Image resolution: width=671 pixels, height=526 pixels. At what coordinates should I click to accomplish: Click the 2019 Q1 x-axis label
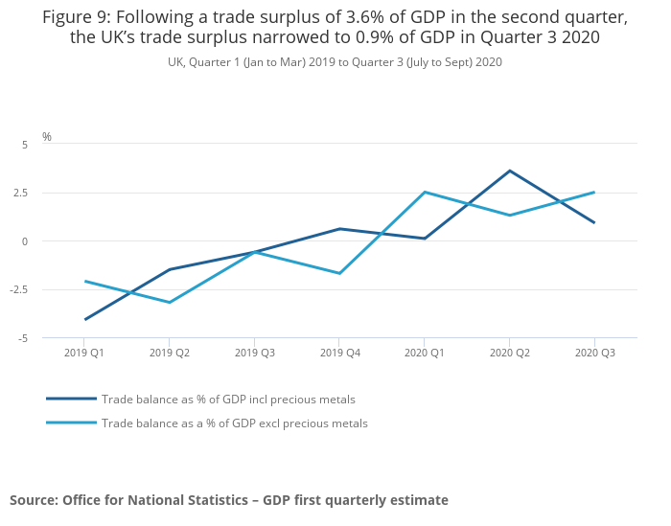point(84,353)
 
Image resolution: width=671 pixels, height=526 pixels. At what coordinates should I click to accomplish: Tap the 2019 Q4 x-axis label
point(339,353)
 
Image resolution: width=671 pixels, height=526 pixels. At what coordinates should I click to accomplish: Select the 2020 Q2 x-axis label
point(509,353)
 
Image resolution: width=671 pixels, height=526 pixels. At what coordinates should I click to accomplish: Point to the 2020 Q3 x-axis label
point(594,353)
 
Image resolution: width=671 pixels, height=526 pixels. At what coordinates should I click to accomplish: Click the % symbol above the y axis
point(47,137)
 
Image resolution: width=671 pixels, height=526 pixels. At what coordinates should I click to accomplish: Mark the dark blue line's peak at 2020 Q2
point(509,171)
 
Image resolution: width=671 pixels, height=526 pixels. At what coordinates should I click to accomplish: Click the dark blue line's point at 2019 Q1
point(85,319)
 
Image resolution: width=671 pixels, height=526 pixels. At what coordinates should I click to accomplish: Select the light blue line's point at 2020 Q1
point(424,193)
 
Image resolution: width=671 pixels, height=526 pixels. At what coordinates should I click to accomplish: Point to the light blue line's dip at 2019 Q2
point(170,303)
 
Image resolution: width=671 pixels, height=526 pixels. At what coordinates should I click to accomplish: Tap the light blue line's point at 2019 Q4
point(339,273)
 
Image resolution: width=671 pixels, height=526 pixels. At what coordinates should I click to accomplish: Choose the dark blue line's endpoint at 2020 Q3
point(594,222)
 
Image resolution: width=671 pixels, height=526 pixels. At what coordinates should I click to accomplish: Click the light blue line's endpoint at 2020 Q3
point(594,192)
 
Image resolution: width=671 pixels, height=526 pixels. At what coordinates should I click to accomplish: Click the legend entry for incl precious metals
point(228,399)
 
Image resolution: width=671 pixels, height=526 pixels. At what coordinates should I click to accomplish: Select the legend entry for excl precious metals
point(234,423)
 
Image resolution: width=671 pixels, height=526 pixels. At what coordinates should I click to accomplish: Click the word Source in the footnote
point(33,500)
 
